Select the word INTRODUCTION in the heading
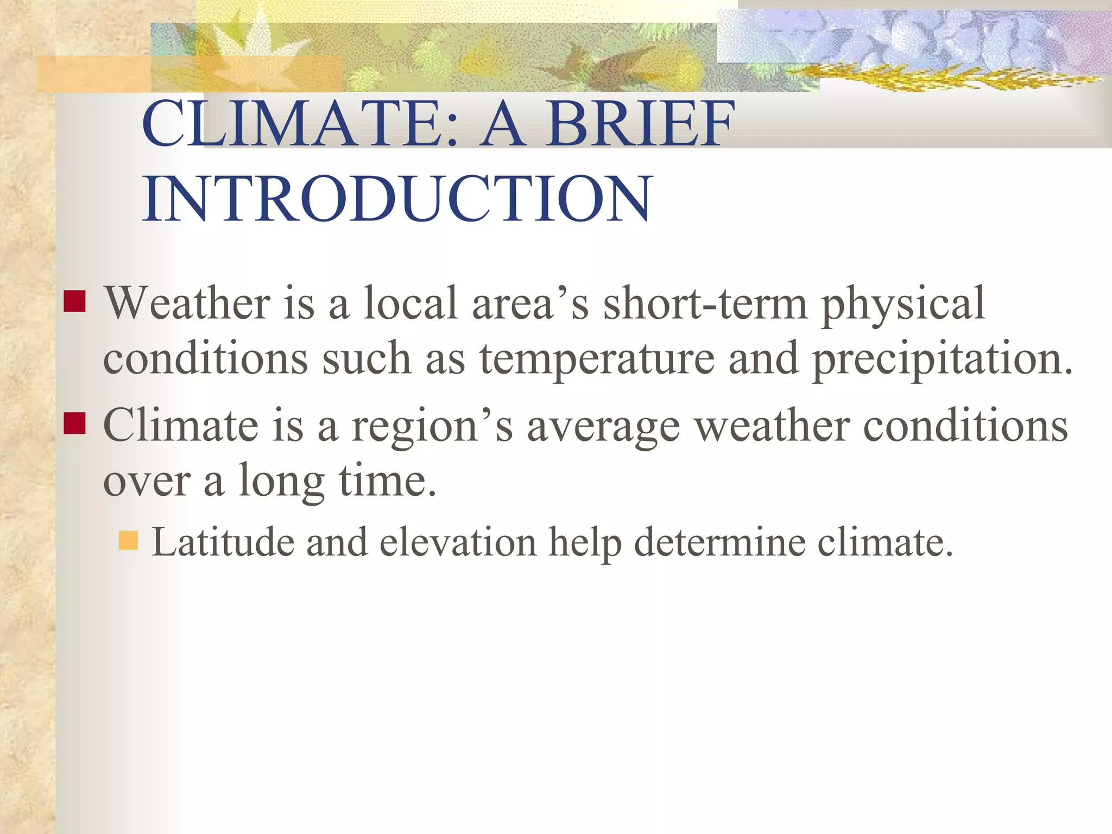click(x=397, y=199)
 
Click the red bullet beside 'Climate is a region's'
click(x=74, y=423)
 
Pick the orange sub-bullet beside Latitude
click(x=128, y=540)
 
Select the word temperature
click(x=597, y=359)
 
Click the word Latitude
click(x=223, y=542)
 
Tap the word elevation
click(x=458, y=542)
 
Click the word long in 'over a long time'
click(x=281, y=482)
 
